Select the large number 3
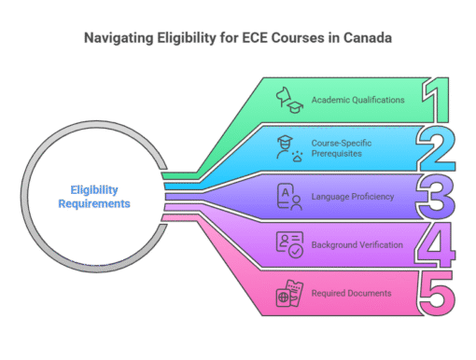click(435, 196)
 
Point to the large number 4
click(435, 244)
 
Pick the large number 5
click(435, 294)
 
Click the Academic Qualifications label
click(358, 99)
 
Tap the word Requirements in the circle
click(93, 202)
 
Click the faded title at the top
click(238, 38)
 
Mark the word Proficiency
click(373, 196)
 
